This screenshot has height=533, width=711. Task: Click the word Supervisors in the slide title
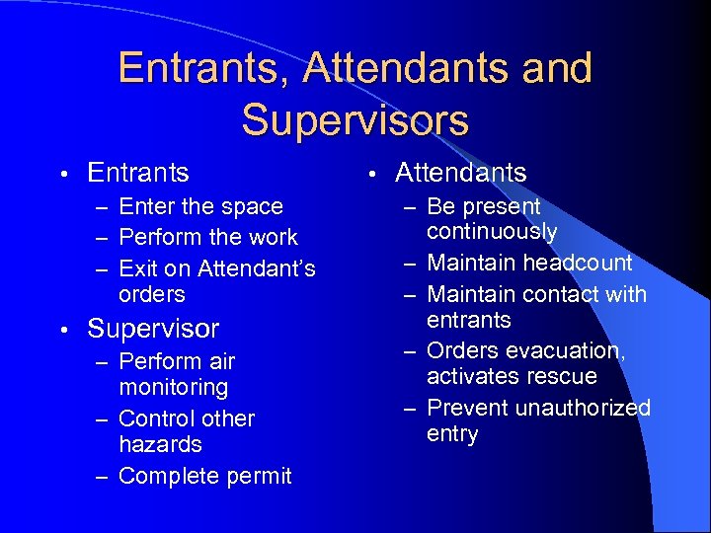355,119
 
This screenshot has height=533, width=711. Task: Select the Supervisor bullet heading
153,329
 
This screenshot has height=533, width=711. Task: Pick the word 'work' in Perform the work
274,238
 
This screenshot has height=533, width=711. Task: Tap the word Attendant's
257,268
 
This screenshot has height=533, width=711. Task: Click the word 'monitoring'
173,388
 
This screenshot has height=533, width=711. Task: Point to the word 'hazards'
160,445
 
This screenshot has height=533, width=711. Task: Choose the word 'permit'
259,477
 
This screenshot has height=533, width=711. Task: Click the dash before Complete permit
102,477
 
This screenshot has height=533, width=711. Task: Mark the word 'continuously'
492,232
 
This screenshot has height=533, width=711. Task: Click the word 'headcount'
578,264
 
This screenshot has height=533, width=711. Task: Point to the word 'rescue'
563,377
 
